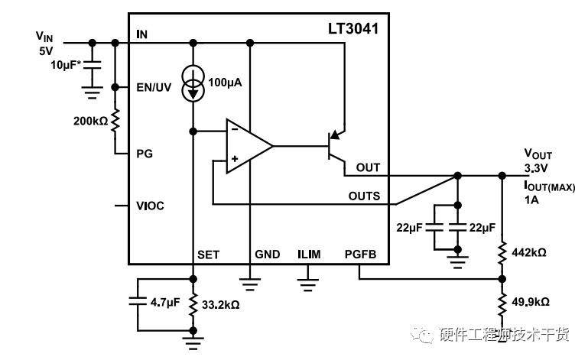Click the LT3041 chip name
point(353,29)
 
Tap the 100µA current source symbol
point(193,83)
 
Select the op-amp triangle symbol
point(249,146)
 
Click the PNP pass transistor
point(336,146)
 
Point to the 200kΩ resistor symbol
point(115,121)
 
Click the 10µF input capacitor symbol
point(93,66)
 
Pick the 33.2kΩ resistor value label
point(220,305)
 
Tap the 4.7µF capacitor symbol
point(137,301)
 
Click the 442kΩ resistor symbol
point(502,253)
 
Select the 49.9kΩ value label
point(531,301)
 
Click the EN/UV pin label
point(154,87)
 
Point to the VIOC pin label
point(150,206)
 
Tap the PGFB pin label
point(360,255)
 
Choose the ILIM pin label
point(309,255)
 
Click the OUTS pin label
point(364,196)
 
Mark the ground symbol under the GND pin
point(250,284)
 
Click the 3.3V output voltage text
point(536,168)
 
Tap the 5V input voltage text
point(46,50)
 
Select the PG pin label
point(145,154)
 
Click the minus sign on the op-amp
point(235,129)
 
